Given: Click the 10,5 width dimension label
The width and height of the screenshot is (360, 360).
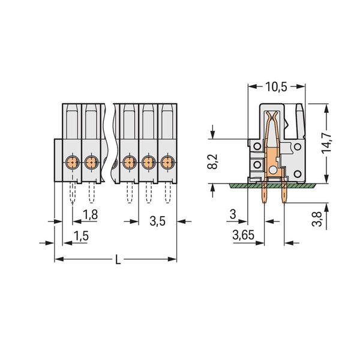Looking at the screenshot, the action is [276, 87].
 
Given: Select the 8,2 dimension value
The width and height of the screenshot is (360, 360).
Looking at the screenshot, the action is [212, 161].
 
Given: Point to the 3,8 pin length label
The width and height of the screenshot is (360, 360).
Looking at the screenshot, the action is [317, 219].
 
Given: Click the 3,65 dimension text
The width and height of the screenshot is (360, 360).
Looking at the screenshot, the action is [244, 235].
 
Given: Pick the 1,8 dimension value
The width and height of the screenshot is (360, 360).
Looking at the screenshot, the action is [90, 215].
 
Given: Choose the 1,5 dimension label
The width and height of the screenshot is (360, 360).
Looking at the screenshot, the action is [81, 236].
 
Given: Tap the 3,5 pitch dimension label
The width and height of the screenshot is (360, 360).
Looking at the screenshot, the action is [157, 221].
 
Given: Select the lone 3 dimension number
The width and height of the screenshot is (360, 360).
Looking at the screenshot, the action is [233, 214].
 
